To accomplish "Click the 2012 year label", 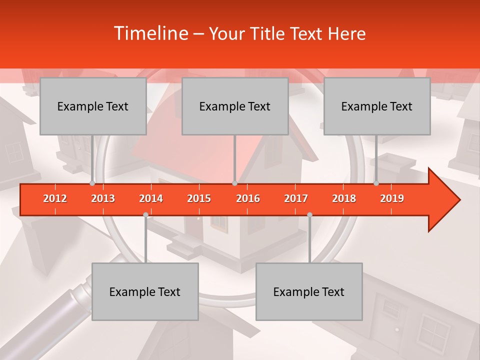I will [x=55, y=198].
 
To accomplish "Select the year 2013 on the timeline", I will [x=103, y=198].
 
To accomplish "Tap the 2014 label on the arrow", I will [x=151, y=198].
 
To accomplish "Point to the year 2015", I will [x=199, y=198].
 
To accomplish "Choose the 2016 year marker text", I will [x=248, y=198].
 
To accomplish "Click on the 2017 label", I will [x=296, y=198].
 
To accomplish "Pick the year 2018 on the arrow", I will [x=344, y=198].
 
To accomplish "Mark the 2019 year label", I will [x=392, y=198].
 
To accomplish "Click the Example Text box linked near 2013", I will [x=93, y=106].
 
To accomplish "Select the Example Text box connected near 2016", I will [x=235, y=106].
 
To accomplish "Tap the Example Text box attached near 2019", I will [x=377, y=106].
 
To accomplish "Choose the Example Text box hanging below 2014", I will [x=145, y=292].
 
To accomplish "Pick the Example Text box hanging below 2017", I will [x=309, y=292].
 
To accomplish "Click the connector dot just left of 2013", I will [x=92, y=183].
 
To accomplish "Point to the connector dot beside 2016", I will [x=234, y=183].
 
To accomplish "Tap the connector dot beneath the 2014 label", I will [x=145, y=214].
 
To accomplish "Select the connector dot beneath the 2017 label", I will [x=309, y=214].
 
